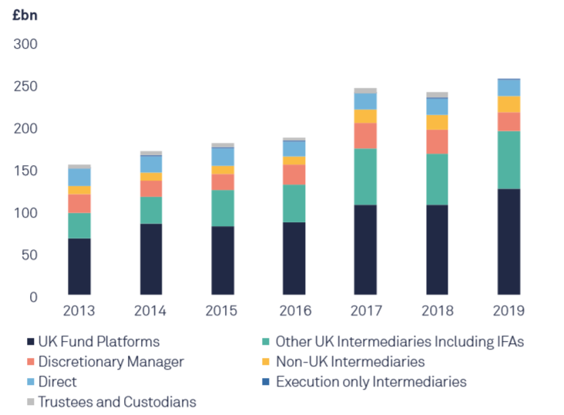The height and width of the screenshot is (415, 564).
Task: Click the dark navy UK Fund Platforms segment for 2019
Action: click(508, 241)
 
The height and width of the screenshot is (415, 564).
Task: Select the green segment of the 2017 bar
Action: click(365, 176)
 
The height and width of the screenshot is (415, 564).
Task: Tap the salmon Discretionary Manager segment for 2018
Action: click(437, 141)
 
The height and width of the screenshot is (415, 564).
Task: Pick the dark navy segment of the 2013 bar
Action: click(79, 266)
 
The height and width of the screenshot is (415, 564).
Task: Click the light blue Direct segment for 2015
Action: click(223, 157)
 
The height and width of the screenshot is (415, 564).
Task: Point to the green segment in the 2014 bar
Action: click(151, 210)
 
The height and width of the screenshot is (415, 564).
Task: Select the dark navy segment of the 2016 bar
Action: click(294, 258)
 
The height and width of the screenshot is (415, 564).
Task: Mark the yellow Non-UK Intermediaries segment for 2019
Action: click(508, 104)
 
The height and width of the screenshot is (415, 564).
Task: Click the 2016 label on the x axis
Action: click(294, 311)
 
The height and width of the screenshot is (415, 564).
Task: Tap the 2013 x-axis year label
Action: click(79, 311)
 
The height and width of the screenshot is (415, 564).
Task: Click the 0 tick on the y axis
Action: click(33, 297)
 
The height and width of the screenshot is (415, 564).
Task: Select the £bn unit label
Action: click(25, 14)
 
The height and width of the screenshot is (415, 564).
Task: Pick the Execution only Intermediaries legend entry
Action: click(371, 381)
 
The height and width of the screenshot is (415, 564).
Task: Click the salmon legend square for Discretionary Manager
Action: click(31, 362)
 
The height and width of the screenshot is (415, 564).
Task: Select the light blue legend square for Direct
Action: click(31, 382)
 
